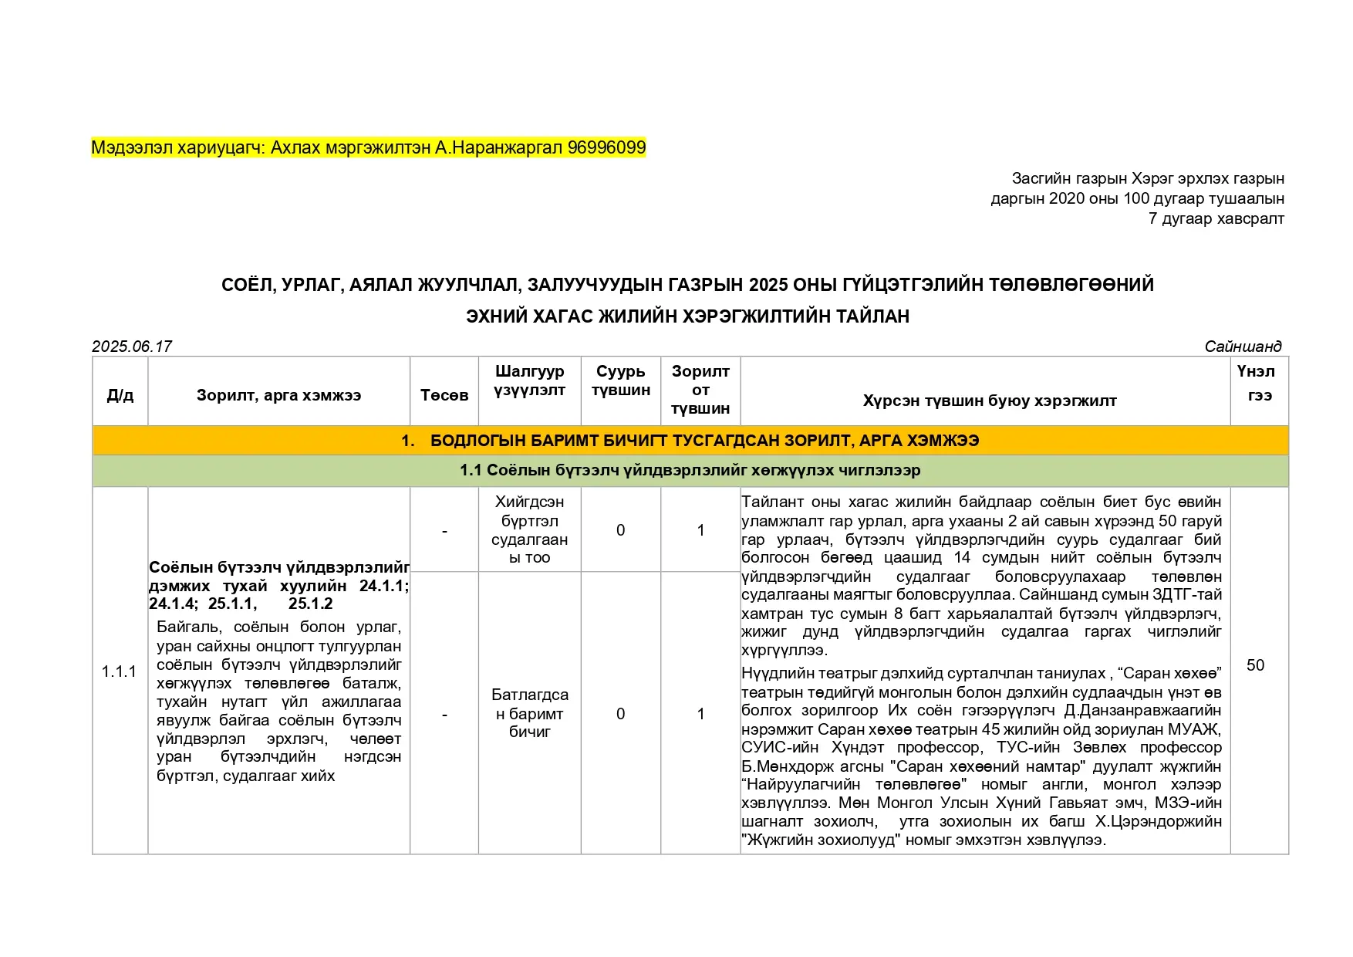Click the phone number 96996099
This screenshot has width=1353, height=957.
(606, 147)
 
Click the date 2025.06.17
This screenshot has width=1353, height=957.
(132, 346)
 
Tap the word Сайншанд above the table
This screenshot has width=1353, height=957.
(1243, 346)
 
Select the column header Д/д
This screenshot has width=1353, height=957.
(120, 395)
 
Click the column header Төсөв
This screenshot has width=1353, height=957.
(444, 395)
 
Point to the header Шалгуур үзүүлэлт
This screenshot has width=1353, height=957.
(529, 380)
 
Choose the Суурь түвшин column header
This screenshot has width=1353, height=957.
(620, 380)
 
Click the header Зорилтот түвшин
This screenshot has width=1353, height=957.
(700, 390)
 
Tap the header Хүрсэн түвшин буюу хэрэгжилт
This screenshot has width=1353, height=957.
(989, 401)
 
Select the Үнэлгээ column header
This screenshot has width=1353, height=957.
(1258, 383)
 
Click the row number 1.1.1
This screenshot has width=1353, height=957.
(119, 671)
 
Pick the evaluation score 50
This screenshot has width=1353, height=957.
(1255, 665)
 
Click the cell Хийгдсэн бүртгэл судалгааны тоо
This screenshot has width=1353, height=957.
(529, 529)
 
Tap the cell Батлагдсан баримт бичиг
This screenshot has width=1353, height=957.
(529, 713)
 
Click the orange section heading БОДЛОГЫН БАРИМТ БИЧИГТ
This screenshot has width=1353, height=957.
(690, 441)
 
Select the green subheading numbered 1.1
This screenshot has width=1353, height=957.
(690, 470)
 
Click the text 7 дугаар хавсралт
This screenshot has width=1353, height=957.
(1216, 218)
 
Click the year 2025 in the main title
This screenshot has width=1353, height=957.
(768, 285)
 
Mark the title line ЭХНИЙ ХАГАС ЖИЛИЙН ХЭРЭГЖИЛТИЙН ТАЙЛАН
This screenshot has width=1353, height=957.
(687, 316)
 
